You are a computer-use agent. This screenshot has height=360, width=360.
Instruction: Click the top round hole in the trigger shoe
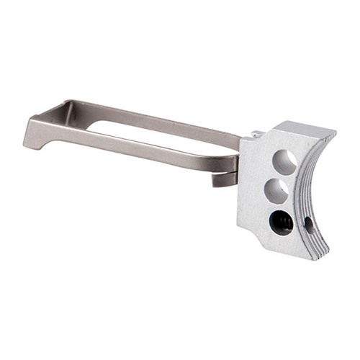point(284,162)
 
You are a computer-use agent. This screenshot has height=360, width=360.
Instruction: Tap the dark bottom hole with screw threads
point(281,222)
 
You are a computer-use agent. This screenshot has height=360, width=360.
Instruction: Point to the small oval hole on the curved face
point(310,225)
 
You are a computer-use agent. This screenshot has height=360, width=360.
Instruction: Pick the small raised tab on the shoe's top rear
point(256,133)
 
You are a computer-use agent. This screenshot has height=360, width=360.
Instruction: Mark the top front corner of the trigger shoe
point(333,132)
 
